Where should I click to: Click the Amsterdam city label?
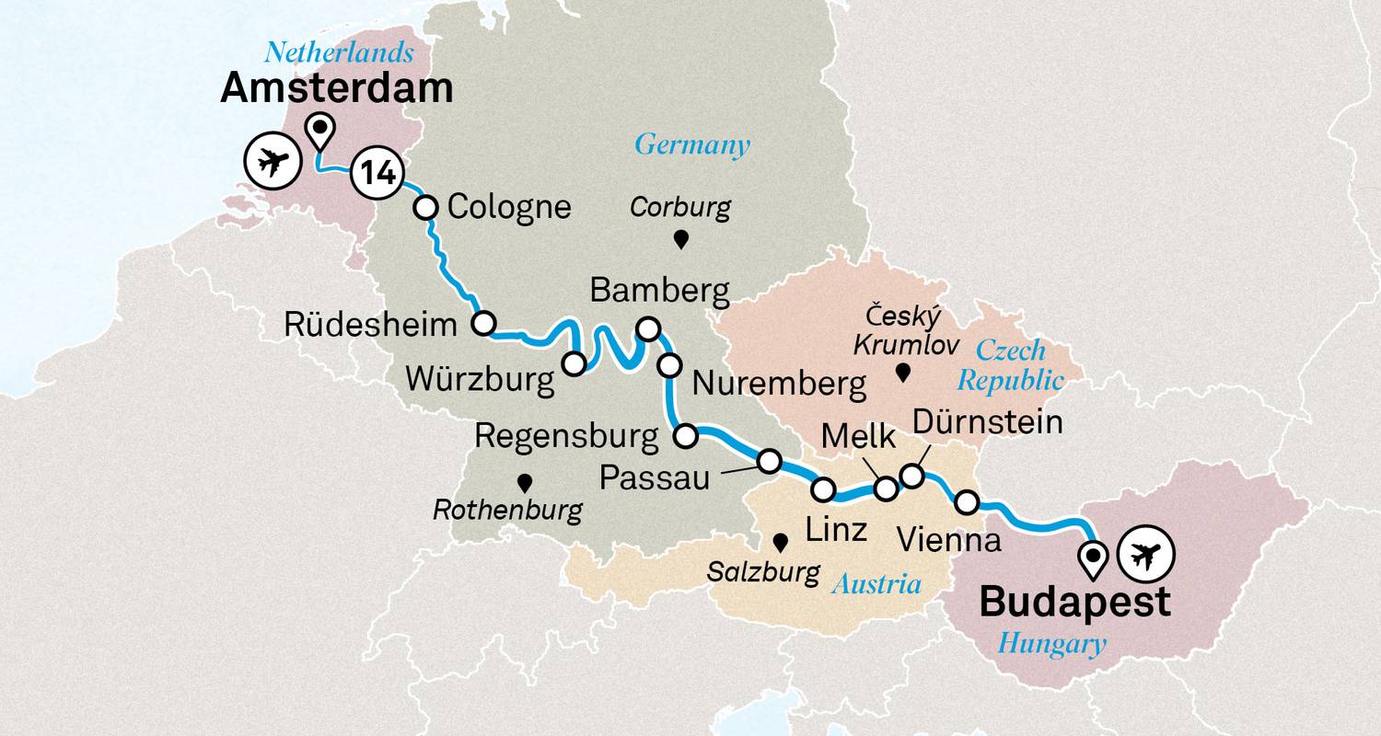click(336, 89)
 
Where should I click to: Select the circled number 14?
click(377, 173)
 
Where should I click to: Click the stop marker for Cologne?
click(425, 208)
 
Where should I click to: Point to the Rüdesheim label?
click(370, 325)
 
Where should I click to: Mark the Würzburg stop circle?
click(574, 364)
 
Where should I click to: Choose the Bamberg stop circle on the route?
click(648, 328)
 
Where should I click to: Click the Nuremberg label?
click(779, 384)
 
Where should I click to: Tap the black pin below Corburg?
click(681, 241)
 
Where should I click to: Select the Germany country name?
click(691, 144)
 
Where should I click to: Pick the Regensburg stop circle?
click(686, 436)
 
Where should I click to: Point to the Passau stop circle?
click(769, 460)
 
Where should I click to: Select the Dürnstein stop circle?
click(911, 476)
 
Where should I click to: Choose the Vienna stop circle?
click(967, 502)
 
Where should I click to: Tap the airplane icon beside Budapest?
click(1145, 555)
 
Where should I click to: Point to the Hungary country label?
click(1051, 644)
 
